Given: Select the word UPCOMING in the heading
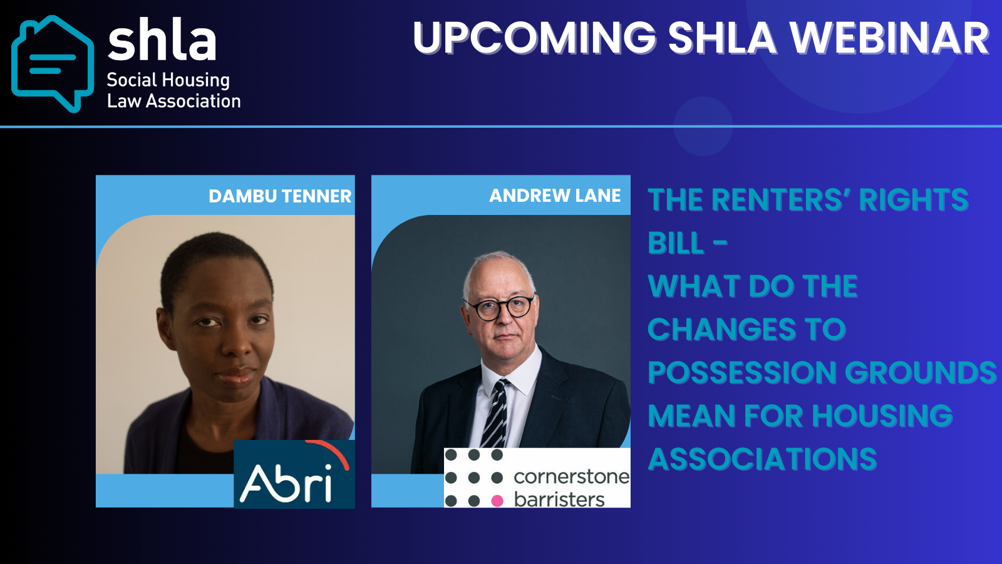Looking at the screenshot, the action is coord(535,38).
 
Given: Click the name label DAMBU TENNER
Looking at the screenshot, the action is coord(280,196).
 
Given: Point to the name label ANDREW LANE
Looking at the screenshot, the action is coord(555,195).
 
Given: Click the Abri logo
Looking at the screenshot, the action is coord(294,474).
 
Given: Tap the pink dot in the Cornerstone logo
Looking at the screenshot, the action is coord(497,501).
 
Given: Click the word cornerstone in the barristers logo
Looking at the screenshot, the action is coord(572,477).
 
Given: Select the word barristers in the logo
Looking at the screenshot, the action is coord(559,499).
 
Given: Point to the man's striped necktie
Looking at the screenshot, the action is coord(495,414).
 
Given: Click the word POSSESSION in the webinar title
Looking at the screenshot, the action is coord(742,372).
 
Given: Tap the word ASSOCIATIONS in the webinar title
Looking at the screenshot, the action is coord(762,459).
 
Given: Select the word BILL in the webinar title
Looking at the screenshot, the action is coord(676,243).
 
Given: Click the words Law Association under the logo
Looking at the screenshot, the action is coord(174,101).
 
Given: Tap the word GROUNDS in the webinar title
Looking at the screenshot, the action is coord(921,372).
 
